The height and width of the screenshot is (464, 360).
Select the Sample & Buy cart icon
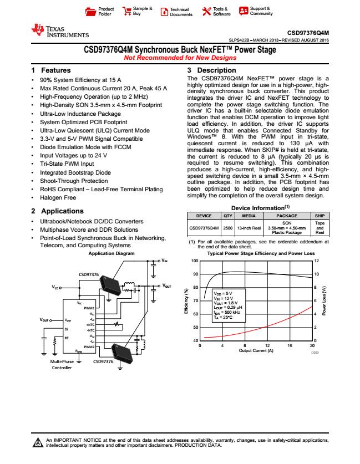point(126,12)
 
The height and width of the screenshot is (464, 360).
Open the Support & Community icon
point(243,12)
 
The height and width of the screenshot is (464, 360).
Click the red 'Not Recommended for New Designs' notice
point(180,58)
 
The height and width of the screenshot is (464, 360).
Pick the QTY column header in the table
point(227,217)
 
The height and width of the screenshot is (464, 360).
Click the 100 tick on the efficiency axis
point(195,261)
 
